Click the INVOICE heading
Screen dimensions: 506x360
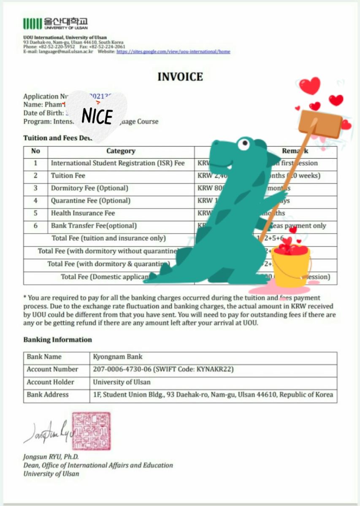tap(180, 77)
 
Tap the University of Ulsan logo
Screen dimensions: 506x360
tap(56, 23)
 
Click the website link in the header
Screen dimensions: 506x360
tap(173, 51)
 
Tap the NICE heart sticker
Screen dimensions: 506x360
tap(97, 116)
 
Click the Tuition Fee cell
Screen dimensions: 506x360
tap(68, 175)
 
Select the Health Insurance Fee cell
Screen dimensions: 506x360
tap(83, 213)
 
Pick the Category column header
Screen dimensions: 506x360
tap(121, 151)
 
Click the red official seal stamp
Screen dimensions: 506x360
tap(91, 431)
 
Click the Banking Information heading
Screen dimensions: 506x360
tap(57, 340)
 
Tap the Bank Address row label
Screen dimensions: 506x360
tap(48, 395)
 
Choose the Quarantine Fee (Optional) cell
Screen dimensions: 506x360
tap(90, 201)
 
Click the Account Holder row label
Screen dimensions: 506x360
tap(50, 382)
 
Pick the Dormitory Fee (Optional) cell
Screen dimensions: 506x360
tap(89, 188)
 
